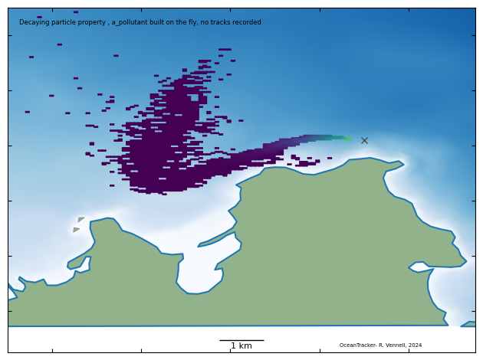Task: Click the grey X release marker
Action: click(364, 140)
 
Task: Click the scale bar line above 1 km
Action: click(242, 340)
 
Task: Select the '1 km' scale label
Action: click(242, 346)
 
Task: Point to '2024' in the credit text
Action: click(415, 345)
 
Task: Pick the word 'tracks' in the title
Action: click(221, 22)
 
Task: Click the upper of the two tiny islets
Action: click(80, 220)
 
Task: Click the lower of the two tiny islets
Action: click(76, 229)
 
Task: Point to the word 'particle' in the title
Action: click(62, 22)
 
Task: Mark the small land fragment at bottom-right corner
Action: click(468, 324)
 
